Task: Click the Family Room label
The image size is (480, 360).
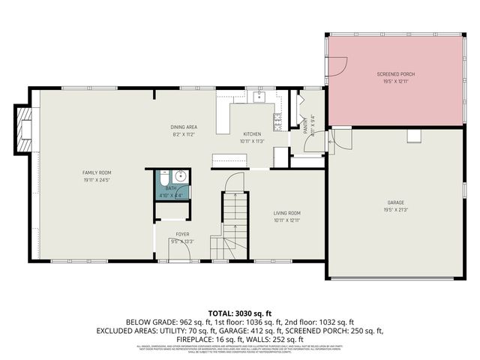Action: (x=97, y=172)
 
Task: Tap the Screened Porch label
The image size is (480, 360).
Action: (x=396, y=74)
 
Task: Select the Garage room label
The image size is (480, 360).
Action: (x=396, y=202)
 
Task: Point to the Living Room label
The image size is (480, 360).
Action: (x=286, y=213)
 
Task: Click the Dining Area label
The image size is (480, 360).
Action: (x=184, y=127)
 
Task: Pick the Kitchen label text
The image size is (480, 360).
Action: (x=251, y=134)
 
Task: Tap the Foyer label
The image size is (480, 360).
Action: (x=182, y=234)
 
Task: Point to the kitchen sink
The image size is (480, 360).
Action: (x=259, y=96)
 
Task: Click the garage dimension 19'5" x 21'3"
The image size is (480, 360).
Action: (x=396, y=210)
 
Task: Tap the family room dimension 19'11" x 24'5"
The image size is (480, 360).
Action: (x=97, y=180)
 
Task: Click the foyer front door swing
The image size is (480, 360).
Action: (x=180, y=253)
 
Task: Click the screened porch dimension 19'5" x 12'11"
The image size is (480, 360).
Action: (x=396, y=82)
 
